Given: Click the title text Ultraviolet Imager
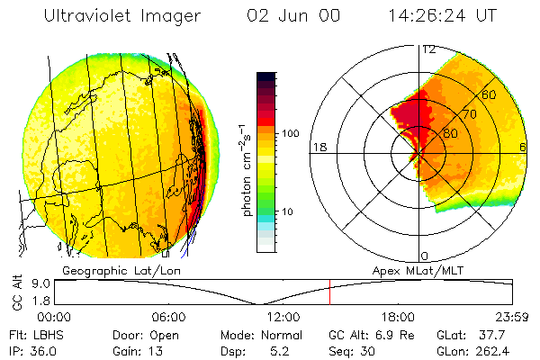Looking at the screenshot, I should click(123, 15).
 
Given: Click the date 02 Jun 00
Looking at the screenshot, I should click(285, 15).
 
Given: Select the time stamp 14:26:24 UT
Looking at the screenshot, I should click(444, 15).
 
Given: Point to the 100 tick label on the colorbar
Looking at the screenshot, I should click(292, 133).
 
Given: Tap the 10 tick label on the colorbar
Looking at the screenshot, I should click(288, 211).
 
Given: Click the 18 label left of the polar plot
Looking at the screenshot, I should click(319, 148).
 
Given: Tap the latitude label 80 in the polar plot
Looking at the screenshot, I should click(451, 132).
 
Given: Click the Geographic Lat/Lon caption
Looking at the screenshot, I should click(103, 270).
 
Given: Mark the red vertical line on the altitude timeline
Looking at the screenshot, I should click(329, 292).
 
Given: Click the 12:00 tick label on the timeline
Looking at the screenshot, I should click(283, 316).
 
